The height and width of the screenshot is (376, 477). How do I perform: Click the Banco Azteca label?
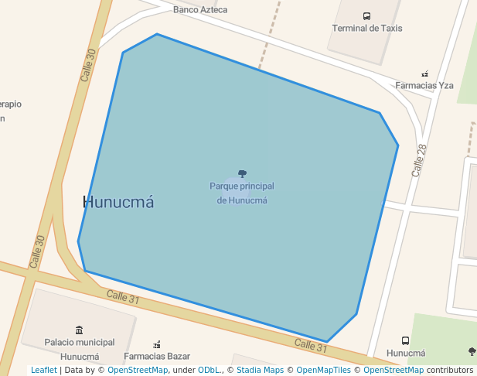point(200,10)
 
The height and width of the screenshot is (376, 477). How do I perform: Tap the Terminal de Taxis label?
point(366,29)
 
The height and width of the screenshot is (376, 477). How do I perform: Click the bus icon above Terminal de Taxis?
point(366,15)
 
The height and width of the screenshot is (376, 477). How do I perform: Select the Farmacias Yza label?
point(424,85)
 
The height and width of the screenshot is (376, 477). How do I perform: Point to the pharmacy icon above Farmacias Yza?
point(424,74)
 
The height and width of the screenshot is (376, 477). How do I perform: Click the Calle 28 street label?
point(419,160)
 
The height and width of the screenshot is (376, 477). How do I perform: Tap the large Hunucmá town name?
point(118,203)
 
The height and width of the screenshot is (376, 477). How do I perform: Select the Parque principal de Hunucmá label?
point(242,193)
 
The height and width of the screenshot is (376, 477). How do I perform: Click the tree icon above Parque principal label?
point(242,174)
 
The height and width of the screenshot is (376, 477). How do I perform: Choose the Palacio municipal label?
point(80,342)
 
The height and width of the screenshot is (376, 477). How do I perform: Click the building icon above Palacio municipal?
point(79,330)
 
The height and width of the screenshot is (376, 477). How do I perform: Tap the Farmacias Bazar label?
point(157,357)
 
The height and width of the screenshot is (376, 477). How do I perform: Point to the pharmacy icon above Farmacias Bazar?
point(157,344)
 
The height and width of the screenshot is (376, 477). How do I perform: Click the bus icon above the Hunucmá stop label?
point(405,340)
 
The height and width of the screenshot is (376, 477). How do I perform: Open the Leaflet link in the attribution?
point(43,371)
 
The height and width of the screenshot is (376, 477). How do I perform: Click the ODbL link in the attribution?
point(209,371)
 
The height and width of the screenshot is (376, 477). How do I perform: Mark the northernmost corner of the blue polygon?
point(157,34)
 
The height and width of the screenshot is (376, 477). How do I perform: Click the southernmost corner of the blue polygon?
point(327,341)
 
